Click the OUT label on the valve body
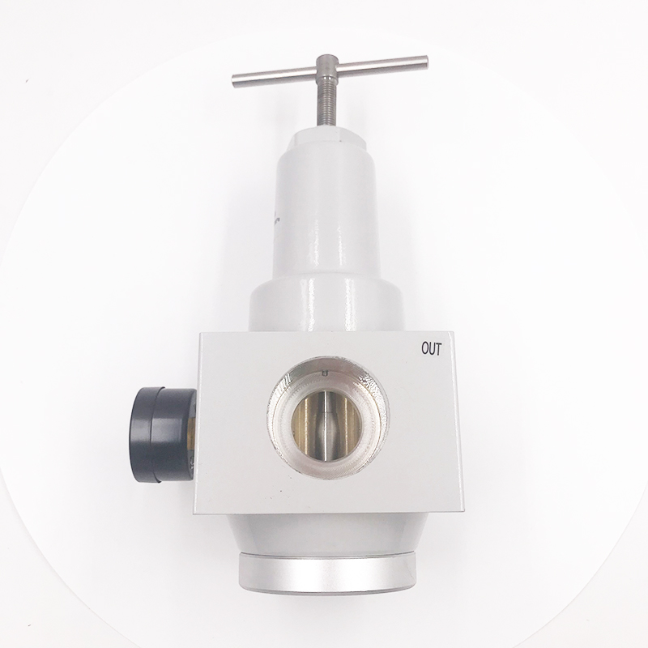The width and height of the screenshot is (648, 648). click(x=431, y=349)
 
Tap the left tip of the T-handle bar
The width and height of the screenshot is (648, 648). click(x=233, y=80)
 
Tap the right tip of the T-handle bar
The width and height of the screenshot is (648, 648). click(x=426, y=62)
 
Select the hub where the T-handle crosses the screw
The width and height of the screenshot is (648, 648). click(x=327, y=67)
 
